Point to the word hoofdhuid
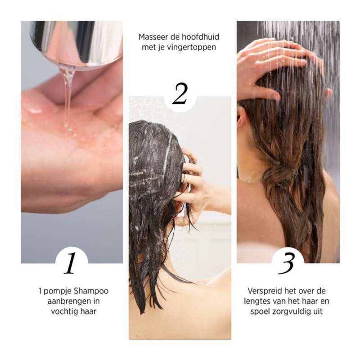(x=202, y=37)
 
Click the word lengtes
(x=259, y=301)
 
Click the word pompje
(x=58, y=291)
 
